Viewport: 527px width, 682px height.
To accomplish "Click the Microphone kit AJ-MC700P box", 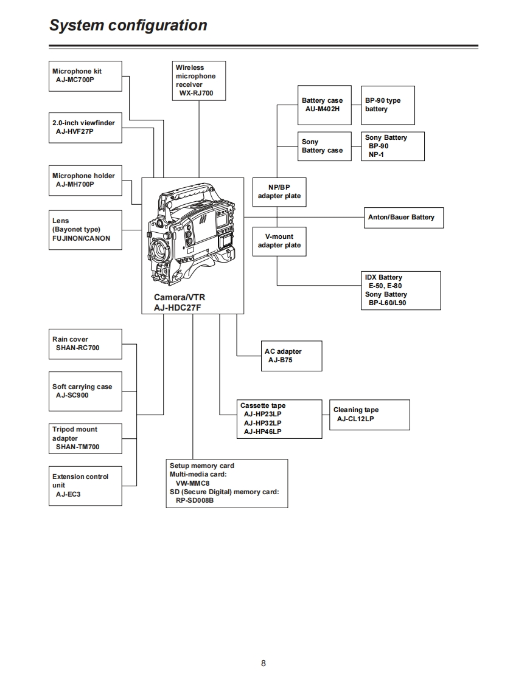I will coord(85,75).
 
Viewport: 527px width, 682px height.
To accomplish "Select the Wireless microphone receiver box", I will coord(199,80).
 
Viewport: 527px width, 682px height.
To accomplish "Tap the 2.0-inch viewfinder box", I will coord(85,127).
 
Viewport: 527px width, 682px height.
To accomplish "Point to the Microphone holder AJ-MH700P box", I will coord(85,180).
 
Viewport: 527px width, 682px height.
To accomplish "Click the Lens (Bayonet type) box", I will coord(85,230).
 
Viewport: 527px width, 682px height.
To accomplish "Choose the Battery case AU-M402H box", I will coord(324,105).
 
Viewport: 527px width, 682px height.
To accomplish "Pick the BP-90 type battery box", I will coord(388,105).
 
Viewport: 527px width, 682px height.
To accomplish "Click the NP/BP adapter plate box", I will coord(279,192).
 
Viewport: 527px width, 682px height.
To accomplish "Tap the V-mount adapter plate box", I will coord(279,241).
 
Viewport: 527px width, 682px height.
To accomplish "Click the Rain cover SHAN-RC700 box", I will coord(85,344).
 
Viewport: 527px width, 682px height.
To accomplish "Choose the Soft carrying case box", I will coord(85,391).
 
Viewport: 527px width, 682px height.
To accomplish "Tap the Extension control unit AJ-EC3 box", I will coord(85,486).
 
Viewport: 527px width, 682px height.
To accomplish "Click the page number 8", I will coord(263,663).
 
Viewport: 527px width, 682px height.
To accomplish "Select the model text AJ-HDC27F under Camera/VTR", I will coord(177,308).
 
